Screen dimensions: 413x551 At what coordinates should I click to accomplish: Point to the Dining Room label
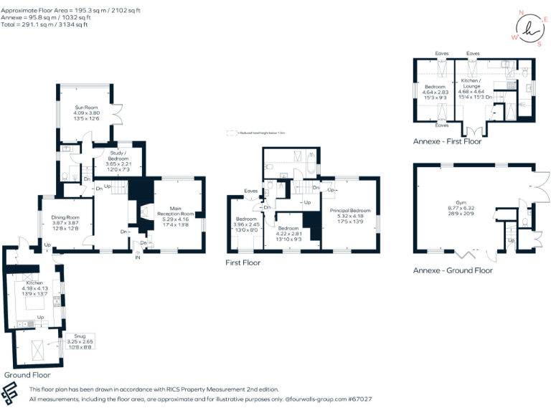click(x=65, y=217)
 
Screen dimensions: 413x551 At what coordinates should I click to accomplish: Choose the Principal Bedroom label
click(x=350, y=210)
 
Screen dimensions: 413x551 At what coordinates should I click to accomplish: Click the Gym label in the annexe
click(x=471, y=203)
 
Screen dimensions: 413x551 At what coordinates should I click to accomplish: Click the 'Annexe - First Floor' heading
click(x=447, y=141)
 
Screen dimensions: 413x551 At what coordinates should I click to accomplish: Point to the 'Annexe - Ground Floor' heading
click(x=453, y=270)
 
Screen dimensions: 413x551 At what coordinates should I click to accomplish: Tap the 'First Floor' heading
click(x=242, y=262)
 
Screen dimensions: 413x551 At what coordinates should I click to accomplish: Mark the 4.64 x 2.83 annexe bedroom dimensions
click(x=435, y=91)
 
